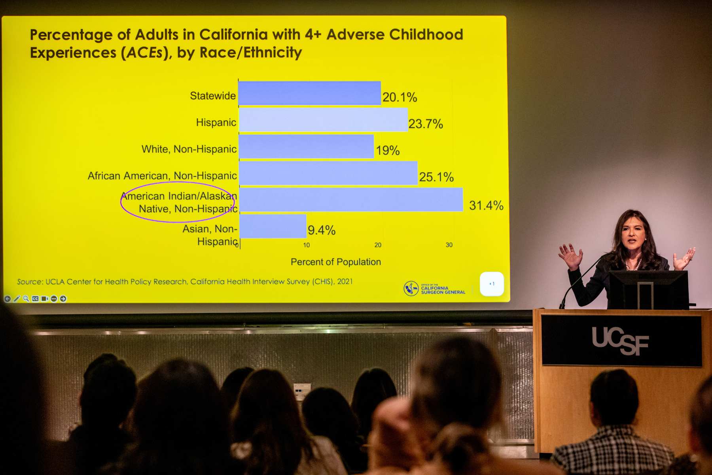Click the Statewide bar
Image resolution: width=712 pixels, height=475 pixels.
tap(309, 93)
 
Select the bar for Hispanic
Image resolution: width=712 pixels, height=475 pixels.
tap(323, 120)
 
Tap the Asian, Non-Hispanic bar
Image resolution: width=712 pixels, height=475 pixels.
tap(273, 226)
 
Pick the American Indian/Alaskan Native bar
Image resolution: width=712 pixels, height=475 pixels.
tap(351, 200)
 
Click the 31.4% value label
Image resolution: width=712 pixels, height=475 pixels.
tap(486, 205)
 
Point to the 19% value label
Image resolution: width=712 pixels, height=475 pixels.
tap(388, 150)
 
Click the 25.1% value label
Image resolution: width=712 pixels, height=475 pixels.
tap(436, 177)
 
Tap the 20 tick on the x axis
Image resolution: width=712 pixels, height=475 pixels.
tap(378, 245)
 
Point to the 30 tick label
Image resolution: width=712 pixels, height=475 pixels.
tap(449, 245)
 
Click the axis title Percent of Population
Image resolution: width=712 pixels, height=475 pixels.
tap(336, 262)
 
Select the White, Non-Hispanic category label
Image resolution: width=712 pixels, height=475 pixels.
tap(189, 149)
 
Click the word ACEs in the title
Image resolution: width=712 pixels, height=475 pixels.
tap(145, 53)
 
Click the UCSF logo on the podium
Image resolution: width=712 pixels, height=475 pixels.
tap(620, 340)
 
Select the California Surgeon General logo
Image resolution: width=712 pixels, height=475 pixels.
tap(434, 289)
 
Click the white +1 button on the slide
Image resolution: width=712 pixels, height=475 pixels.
tap(492, 284)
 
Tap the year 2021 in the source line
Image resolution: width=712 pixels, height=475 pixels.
tap(345, 281)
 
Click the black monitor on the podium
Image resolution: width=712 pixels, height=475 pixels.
tap(648, 289)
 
